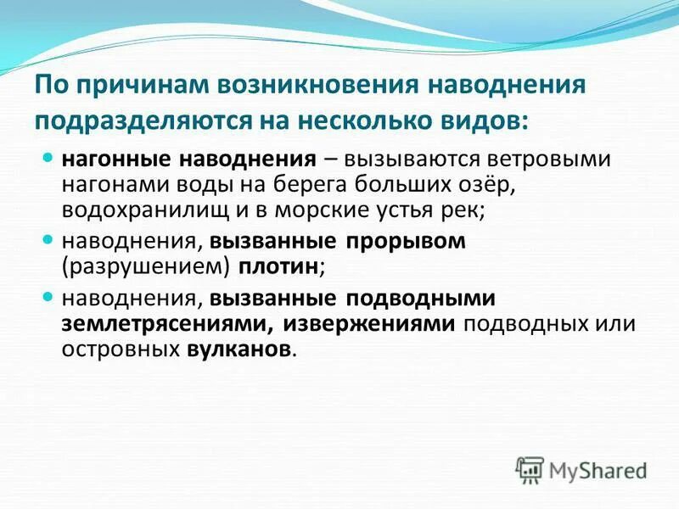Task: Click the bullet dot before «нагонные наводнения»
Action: point(48,158)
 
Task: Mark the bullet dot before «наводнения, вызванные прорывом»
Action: point(48,240)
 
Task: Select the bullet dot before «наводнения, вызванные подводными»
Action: point(48,298)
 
